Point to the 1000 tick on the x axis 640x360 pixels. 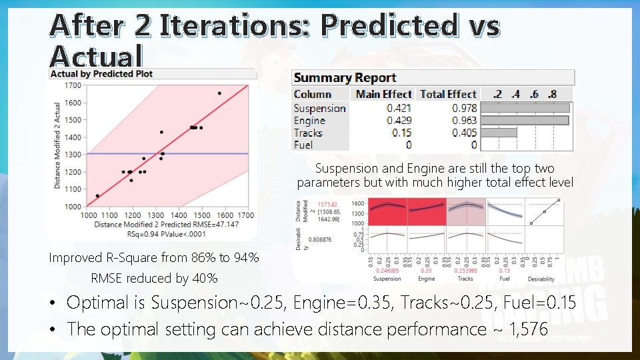(89, 215)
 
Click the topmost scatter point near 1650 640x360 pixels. (219, 93)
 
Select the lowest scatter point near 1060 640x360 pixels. (97, 196)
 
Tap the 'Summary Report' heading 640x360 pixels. (345, 79)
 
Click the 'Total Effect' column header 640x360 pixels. (448, 95)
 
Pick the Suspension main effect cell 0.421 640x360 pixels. (399, 108)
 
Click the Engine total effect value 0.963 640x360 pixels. (464, 121)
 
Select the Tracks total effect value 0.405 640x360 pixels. (464, 133)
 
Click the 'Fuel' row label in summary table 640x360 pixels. (303, 145)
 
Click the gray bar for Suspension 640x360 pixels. (525, 108)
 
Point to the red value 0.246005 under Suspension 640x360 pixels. (387, 271)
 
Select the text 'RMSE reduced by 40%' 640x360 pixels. (154, 278)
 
